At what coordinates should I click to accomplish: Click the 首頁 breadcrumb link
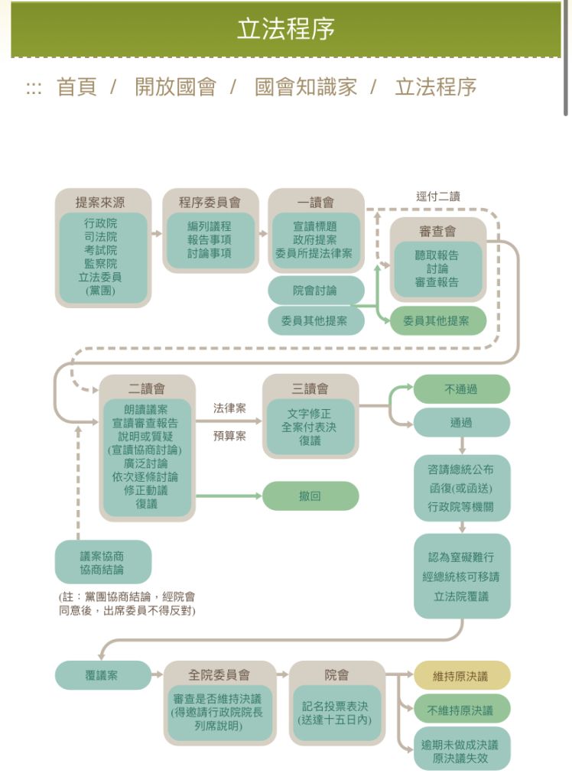(76, 87)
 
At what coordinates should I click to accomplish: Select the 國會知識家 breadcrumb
(306, 87)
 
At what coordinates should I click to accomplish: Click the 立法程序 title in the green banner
(285, 29)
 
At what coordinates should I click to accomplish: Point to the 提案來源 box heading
(102, 203)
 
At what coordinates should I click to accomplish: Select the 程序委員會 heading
(210, 203)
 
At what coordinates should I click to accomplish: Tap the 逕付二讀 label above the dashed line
(437, 197)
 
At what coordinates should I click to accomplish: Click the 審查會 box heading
(437, 232)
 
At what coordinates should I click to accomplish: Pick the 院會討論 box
(315, 291)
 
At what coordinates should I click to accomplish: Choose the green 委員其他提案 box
(437, 321)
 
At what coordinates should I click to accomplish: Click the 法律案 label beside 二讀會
(229, 408)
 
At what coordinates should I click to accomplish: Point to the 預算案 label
(229, 437)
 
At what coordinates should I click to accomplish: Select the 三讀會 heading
(310, 389)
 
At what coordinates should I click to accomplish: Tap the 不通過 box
(461, 389)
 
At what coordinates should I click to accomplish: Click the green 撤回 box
(310, 496)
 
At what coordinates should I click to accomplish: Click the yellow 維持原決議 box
(461, 676)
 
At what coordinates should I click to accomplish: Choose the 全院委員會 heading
(219, 675)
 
